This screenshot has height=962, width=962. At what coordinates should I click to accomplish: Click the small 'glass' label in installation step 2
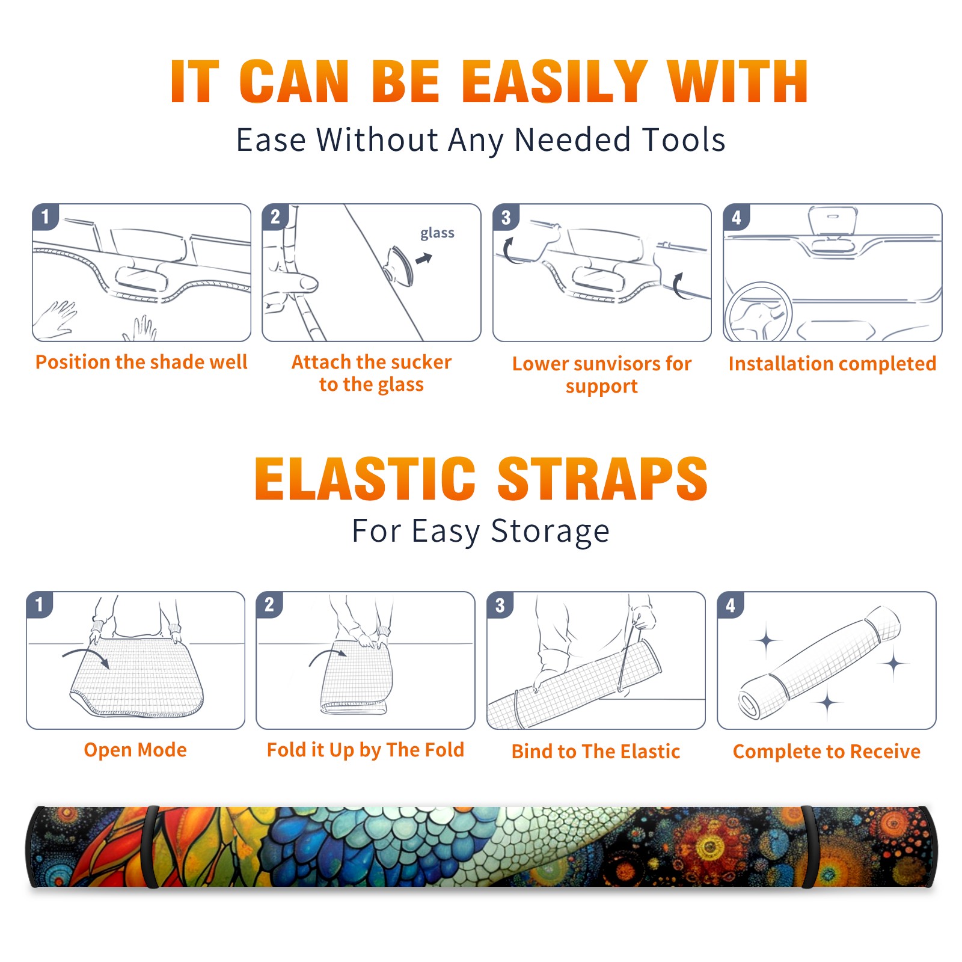point(437,233)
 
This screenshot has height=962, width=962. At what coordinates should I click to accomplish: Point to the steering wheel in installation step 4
point(758,311)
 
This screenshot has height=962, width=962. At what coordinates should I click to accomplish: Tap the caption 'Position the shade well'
point(141,362)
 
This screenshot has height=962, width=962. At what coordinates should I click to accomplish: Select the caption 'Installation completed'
point(832,364)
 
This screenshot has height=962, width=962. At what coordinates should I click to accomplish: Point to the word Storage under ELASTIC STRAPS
point(550,532)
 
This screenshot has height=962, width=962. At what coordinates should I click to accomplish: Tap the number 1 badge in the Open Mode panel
point(40,604)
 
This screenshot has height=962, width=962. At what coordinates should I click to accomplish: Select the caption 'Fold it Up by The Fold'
point(366,750)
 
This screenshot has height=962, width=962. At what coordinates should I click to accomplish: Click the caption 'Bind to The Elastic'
point(596,752)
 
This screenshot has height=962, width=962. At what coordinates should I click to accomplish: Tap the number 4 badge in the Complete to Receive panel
point(731,605)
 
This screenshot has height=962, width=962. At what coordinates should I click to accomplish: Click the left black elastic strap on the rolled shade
point(152,847)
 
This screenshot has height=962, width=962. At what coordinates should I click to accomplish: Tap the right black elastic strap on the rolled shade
point(809,847)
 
